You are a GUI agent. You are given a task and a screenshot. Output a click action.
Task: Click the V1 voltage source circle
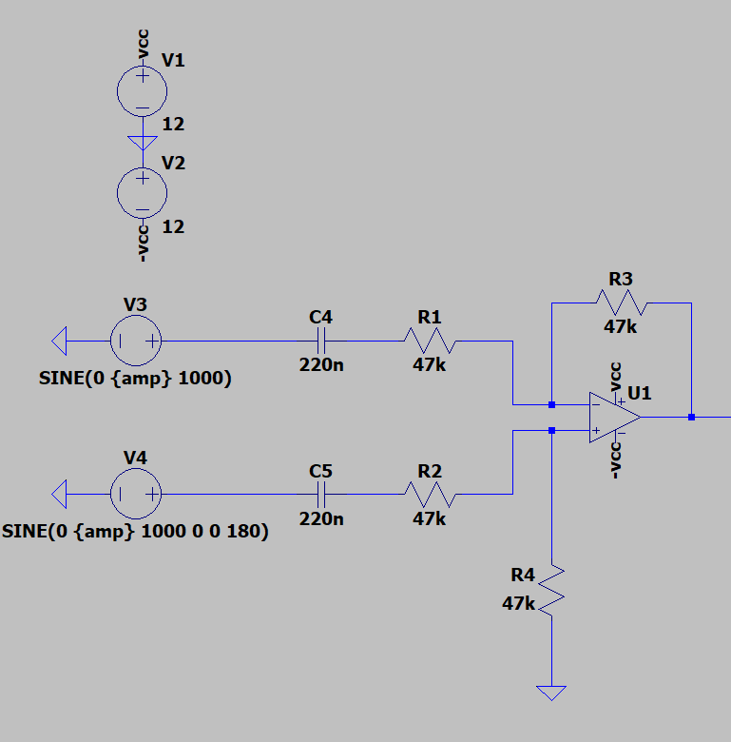pyautogui.click(x=142, y=91)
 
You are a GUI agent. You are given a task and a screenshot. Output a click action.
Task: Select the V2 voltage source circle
pyautogui.click(x=142, y=194)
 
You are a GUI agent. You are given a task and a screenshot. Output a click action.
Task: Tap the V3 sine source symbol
pyautogui.click(x=136, y=341)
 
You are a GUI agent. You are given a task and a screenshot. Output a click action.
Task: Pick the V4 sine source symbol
pyautogui.click(x=136, y=494)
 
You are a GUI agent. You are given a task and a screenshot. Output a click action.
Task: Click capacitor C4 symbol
pyautogui.click(x=320, y=341)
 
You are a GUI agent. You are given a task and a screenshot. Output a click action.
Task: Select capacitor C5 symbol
pyautogui.click(x=320, y=494)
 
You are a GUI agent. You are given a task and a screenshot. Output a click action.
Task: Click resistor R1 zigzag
pyautogui.click(x=430, y=341)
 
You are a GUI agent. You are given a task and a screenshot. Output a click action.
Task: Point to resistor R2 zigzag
pyautogui.click(x=430, y=494)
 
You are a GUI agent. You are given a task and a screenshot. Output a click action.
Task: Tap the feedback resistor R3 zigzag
pyautogui.click(x=621, y=303)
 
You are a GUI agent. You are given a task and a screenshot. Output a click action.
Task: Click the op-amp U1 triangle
pyautogui.click(x=612, y=417)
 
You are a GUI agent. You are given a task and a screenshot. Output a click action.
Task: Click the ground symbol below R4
pyautogui.click(x=551, y=692)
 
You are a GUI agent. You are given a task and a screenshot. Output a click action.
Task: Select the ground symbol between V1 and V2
pyautogui.click(x=142, y=143)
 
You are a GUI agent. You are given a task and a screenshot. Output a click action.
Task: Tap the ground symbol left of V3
pyautogui.click(x=59, y=341)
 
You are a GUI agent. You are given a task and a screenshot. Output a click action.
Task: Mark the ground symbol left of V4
pyautogui.click(x=59, y=494)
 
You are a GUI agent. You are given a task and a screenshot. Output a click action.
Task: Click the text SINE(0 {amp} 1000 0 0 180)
pyautogui.click(x=135, y=532)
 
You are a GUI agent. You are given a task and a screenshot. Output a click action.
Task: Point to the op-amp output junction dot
pyautogui.click(x=691, y=417)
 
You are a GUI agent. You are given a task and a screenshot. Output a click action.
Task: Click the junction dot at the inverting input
pyautogui.click(x=551, y=404)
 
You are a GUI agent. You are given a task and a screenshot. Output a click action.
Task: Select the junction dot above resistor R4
pyautogui.click(x=551, y=430)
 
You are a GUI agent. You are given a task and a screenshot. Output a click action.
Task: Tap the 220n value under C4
pyautogui.click(x=320, y=364)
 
